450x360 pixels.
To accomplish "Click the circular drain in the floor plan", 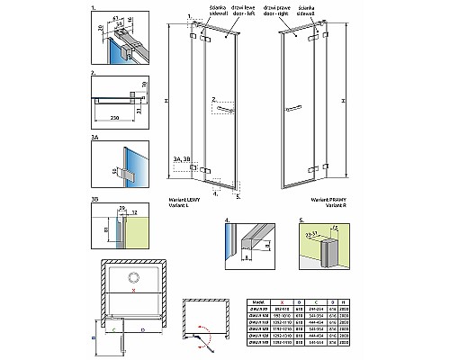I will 133,278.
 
